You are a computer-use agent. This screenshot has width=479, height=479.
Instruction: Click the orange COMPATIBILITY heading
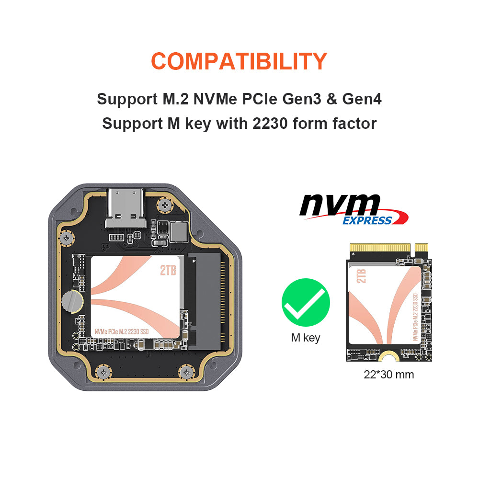pyautogui.click(x=239, y=61)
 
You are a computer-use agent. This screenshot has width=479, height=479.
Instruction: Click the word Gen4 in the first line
pyautogui.click(x=362, y=99)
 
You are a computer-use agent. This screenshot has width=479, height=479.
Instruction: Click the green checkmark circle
pyautogui.click(x=306, y=302)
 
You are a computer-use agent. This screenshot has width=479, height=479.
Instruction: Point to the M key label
pyautogui.click(x=306, y=338)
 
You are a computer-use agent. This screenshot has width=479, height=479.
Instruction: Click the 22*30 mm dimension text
pyautogui.click(x=388, y=375)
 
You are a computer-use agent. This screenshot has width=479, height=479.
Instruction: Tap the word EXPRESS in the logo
pyautogui.click(x=367, y=220)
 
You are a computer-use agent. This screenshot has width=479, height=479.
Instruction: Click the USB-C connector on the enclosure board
pyautogui.click(x=125, y=208)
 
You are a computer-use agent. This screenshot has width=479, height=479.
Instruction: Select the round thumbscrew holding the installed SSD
pyautogui.click(x=72, y=302)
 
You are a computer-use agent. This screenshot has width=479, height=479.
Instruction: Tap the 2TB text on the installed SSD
pyautogui.click(x=168, y=270)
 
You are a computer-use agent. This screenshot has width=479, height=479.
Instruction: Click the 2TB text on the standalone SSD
pyautogui.click(x=361, y=276)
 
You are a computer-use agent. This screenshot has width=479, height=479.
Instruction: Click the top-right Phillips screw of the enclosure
pyautogui.click(x=165, y=205)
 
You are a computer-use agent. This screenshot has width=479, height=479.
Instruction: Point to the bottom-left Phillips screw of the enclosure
pyautogui.click(x=103, y=372)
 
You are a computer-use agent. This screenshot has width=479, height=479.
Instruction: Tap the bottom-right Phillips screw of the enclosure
pyautogui.click(x=186, y=372)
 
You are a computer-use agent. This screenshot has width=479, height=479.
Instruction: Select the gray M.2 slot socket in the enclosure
pyautogui.click(x=204, y=301)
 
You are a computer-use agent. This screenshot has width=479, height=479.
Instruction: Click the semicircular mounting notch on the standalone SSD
pyautogui.click(x=388, y=356)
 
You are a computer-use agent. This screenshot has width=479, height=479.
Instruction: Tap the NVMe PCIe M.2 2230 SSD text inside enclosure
pyautogui.click(x=122, y=332)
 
